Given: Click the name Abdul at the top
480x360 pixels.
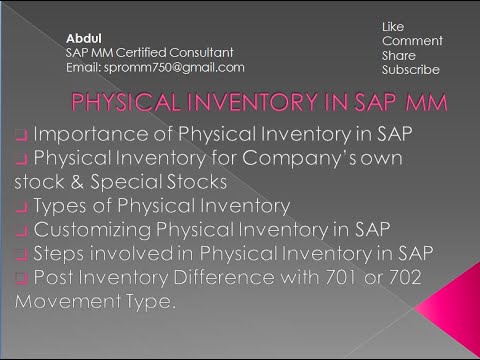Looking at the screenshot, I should (83, 37).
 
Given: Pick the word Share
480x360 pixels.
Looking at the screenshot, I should (398, 55).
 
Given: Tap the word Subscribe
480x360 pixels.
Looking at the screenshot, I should (410, 71).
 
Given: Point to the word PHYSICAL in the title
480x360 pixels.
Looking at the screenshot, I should (120, 104).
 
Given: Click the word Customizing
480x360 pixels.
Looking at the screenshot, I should (97, 230).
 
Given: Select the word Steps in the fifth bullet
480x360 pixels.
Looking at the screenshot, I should (63, 254).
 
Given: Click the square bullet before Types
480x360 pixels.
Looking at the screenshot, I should (21, 207).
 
